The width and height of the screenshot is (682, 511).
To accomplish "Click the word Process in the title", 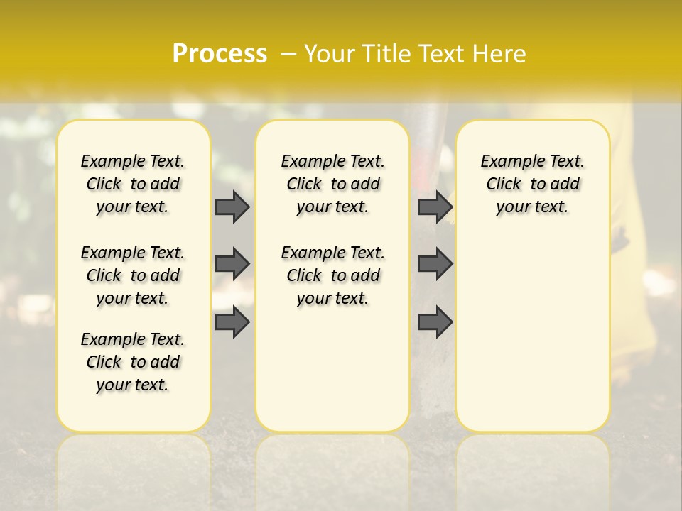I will pyautogui.click(x=220, y=53).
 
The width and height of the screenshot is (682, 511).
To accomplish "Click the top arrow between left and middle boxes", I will pyautogui.click(x=232, y=207).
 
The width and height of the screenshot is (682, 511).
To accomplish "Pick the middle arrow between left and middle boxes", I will pyautogui.click(x=232, y=264).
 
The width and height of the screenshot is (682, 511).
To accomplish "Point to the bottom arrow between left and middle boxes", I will pyautogui.click(x=232, y=322).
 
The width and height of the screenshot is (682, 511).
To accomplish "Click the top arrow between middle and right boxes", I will pyautogui.click(x=435, y=207).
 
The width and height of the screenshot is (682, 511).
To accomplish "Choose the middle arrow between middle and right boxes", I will pyautogui.click(x=435, y=264).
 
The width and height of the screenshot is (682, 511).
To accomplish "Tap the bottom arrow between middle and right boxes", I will pyautogui.click(x=435, y=322).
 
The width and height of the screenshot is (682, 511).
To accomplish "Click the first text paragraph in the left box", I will pyautogui.click(x=133, y=184).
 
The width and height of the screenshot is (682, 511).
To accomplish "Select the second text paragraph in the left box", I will pyautogui.click(x=133, y=275).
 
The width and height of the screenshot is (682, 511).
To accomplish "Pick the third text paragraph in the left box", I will pyautogui.click(x=133, y=362).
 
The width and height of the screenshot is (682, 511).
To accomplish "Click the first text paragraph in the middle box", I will pyautogui.click(x=332, y=184).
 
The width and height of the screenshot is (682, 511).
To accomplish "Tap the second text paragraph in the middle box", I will pyautogui.click(x=332, y=275).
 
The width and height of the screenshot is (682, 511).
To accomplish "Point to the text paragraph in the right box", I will pyautogui.click(x=533, y=184).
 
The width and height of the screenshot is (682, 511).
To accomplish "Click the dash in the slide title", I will pyautogui.click(x=288, y=53).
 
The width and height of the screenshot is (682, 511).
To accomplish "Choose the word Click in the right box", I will pyautogui.click(x=504, y=184).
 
